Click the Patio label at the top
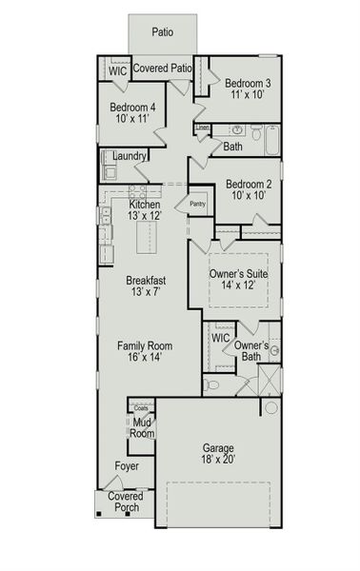point(163,31)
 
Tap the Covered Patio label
point(163,69)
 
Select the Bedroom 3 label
point(242,82)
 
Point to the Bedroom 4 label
point(132,107)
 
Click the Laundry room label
point(129,156)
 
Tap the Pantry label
point(198,203)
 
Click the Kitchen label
point(145,205)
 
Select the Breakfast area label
point(147,281)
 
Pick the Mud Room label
point(141,427)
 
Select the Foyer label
point(127,466)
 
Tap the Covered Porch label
point(125,502)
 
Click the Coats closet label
point(141,408)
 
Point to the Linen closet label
point(203,127)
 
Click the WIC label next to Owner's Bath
point(220,338)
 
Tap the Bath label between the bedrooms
point(233,147)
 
